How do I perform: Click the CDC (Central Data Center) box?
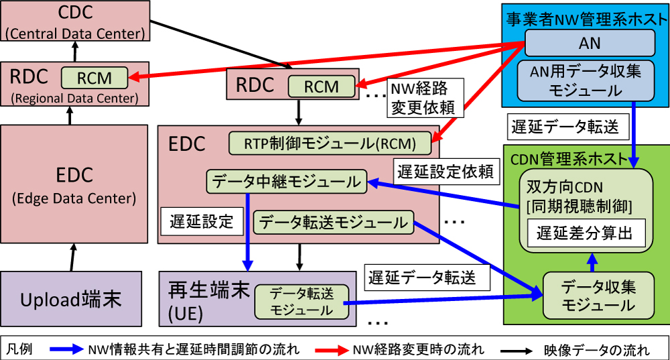point(75,21)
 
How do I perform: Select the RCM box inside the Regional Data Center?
point(94,78)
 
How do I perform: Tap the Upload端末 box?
point(71,299)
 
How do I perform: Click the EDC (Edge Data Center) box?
point(74,184)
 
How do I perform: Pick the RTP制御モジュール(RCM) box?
point(330,143)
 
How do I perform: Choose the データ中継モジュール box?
point(286,182)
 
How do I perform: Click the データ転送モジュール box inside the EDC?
point(333,223)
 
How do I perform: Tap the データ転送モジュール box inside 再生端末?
point(301,302)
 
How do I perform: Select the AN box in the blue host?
point(590,43)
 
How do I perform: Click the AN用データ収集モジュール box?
point(586,81)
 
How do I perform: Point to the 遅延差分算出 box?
point(586,233)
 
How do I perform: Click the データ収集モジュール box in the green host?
point(598,296)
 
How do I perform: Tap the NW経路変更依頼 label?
point(425,98)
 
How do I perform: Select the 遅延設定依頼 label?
point(446,172)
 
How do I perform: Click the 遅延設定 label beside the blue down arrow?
point(202,221)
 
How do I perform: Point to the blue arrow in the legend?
point(66,349)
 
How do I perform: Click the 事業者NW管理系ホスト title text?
point(586,19)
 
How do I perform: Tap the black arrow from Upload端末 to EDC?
point(72,257)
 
